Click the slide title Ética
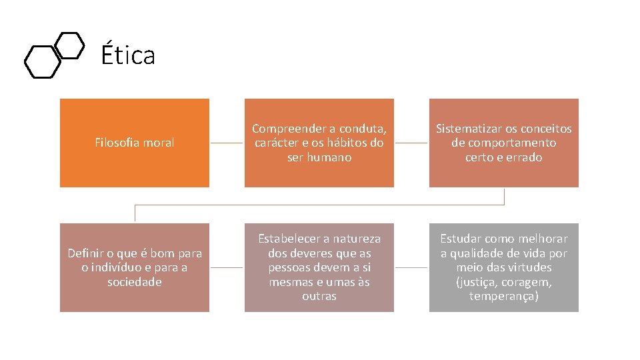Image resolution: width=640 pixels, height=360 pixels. pyautogui.click(x=128, y=55)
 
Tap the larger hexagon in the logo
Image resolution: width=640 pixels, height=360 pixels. pyautogui.click(x=42, y=61)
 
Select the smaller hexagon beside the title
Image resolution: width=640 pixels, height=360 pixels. pyautogui.click(x=69, y=45)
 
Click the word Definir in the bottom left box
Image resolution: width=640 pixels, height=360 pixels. pyautogui.click(x=85, y=253)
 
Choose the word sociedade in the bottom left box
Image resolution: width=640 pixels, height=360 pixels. pyautogui.click(x=135, y=282)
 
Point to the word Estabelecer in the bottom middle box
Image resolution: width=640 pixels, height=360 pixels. pyautogui.click(x=291, y=238)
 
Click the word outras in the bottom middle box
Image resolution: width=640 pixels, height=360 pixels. pyautogui.click(x=319, y=296)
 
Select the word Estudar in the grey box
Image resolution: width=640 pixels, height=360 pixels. pyautogui.click(x=461, y=238)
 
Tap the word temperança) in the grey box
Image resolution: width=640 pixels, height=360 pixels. pyautogui.click(x=504, y=296)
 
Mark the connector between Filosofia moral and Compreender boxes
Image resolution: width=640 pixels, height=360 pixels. pyautogui.click(x=227, y=143)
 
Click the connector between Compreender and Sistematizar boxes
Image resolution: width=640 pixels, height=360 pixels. pyautogui.click(x=411, y=143)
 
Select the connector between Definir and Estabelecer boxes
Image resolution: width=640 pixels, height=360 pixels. pyautogui.click(x=227, y=268)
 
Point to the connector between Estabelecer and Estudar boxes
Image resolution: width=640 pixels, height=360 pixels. pyautogui.click(x=411, y=268)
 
